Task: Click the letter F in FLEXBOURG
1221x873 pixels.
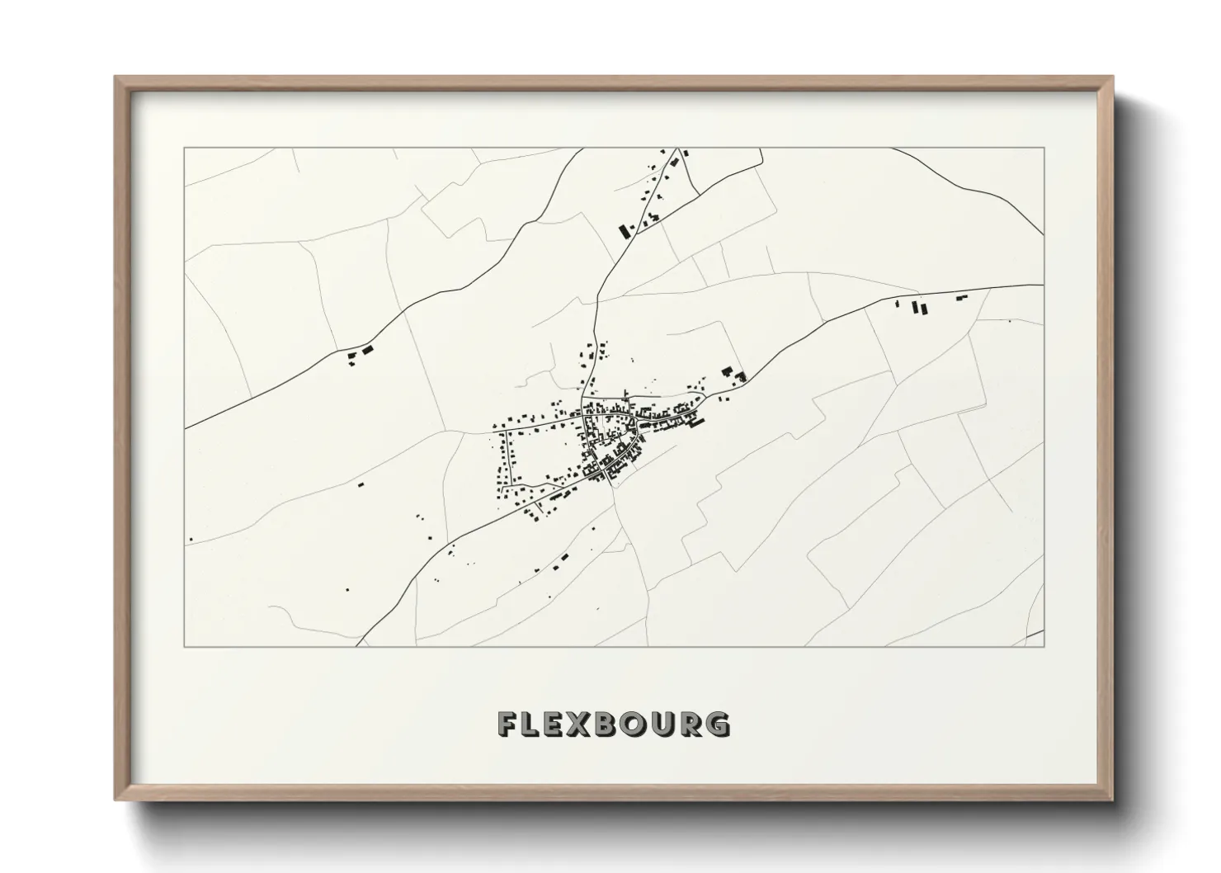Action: (507, 724)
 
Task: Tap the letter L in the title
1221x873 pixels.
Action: (533, 724)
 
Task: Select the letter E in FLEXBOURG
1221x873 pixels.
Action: (559, 724)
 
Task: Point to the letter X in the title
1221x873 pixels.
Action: (586, 724)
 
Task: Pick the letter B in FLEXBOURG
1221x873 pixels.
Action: (613, 724)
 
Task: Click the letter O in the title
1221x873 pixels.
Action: (641, 724)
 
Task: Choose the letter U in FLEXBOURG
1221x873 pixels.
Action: (669, 724)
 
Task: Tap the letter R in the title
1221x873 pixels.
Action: (695, 724)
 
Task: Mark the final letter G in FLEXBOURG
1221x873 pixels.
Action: (720, 724)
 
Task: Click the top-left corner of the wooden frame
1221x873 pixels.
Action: (116, 78)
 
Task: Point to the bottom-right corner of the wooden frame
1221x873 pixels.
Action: (1113, 800)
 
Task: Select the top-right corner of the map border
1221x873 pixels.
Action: (1044, 148)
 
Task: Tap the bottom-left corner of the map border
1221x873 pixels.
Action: (184, 646)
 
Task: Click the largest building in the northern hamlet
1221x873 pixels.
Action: (625, 230)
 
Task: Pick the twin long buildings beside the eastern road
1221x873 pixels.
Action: (918, 309)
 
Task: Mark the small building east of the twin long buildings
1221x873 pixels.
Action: (960, 298)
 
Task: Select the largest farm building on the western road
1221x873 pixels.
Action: (367, 350)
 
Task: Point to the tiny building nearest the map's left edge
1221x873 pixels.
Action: (191, 540)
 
